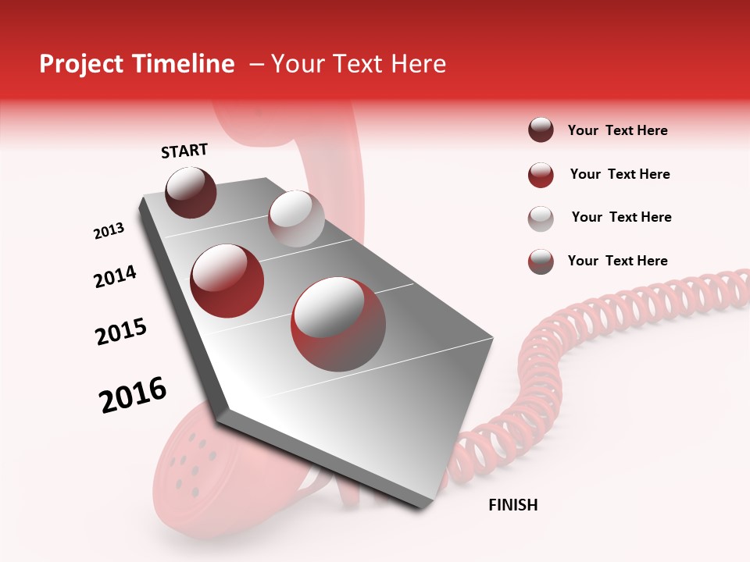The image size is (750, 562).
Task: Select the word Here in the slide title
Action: [x=418, y=64]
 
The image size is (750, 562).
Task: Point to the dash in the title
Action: [x=255, y=65]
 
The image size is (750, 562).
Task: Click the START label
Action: [x=184, y=151]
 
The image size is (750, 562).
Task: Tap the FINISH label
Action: [x=512, y=505]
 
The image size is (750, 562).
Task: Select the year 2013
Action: [x=109, y=231]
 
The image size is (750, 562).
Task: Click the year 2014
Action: [x=115, y=276]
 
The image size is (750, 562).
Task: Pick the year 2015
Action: [x=121, y=332]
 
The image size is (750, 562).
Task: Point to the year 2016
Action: [x=133, y=394]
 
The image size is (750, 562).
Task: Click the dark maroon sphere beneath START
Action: [x=191, y=192]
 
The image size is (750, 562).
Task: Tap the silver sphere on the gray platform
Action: [x=296, y=219]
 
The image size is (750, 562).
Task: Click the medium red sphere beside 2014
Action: [x=227, y=280]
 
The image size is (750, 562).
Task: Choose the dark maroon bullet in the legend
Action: [x=541, y=130]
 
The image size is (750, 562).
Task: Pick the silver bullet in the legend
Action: [x=541, y=218]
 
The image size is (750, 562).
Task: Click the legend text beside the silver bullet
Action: [x=621, y=217]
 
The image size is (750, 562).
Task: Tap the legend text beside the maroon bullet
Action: [x=617, y=130]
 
